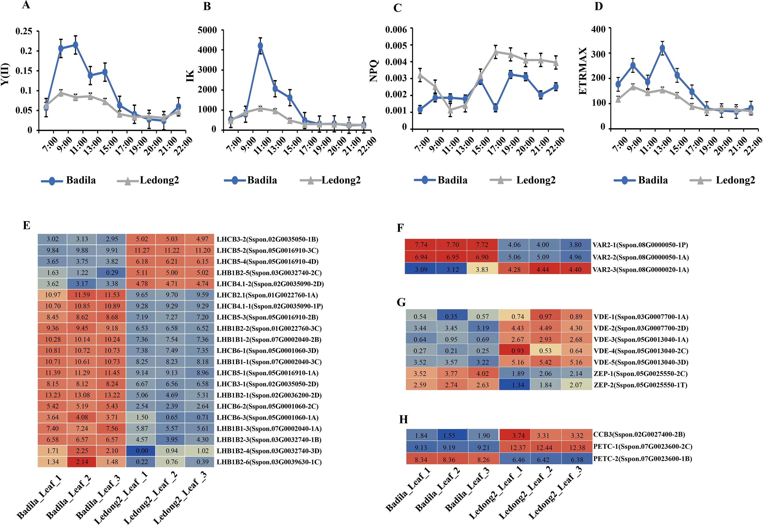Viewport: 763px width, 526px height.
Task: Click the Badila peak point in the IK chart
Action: coord(260,46)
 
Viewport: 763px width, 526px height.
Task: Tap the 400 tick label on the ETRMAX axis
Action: coord(599,29)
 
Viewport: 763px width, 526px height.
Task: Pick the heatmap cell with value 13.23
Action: coord(52,395)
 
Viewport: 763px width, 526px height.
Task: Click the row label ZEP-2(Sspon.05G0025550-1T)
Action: coord(640,385)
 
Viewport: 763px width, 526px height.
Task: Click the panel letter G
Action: coord(401,302)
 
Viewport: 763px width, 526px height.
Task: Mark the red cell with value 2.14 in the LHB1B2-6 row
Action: coord(82,462)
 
